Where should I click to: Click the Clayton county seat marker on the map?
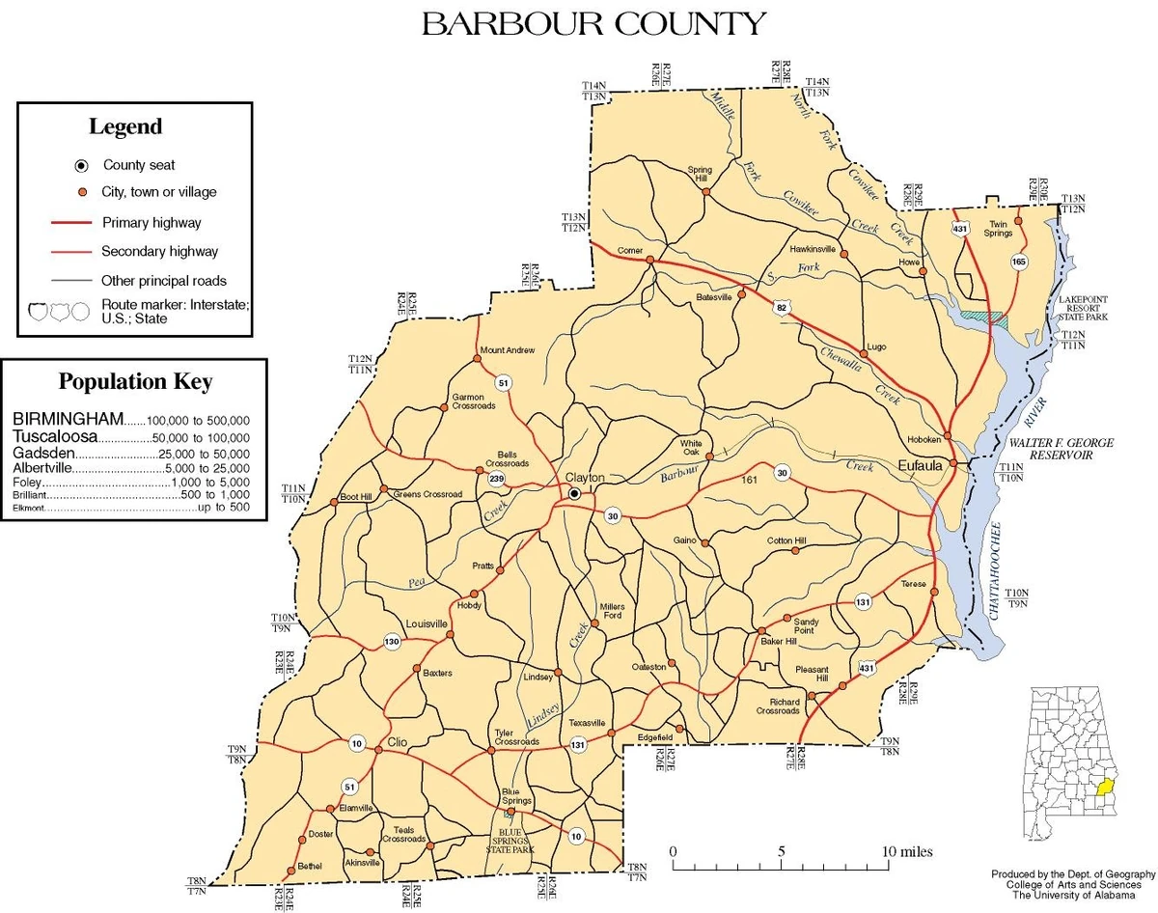coord(575,493)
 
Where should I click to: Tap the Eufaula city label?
coord(919,465)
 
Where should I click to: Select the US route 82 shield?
coord(781,308)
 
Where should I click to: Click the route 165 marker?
coord(1019,262)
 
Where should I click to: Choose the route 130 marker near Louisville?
coord(392,642)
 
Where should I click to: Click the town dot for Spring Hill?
coord(706,191)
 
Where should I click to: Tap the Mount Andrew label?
coord(507,349)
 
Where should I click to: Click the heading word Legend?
coord(125,126)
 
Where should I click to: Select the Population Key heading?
coord(135,381)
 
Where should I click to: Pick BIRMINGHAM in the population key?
coord(68,419)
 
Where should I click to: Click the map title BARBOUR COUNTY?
coord(593,23)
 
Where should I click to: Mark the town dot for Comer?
coord(650,260)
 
